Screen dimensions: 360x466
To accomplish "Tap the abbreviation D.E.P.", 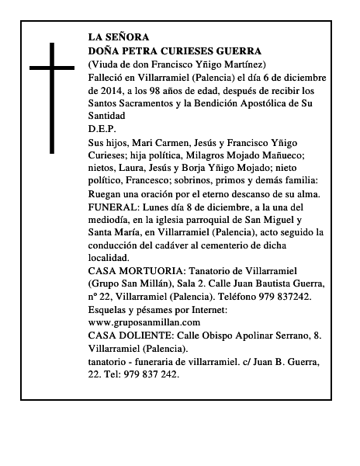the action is pos(102,129).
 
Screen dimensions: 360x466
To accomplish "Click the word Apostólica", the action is pos(272,103).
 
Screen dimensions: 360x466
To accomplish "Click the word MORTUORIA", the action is pos(146,271).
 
